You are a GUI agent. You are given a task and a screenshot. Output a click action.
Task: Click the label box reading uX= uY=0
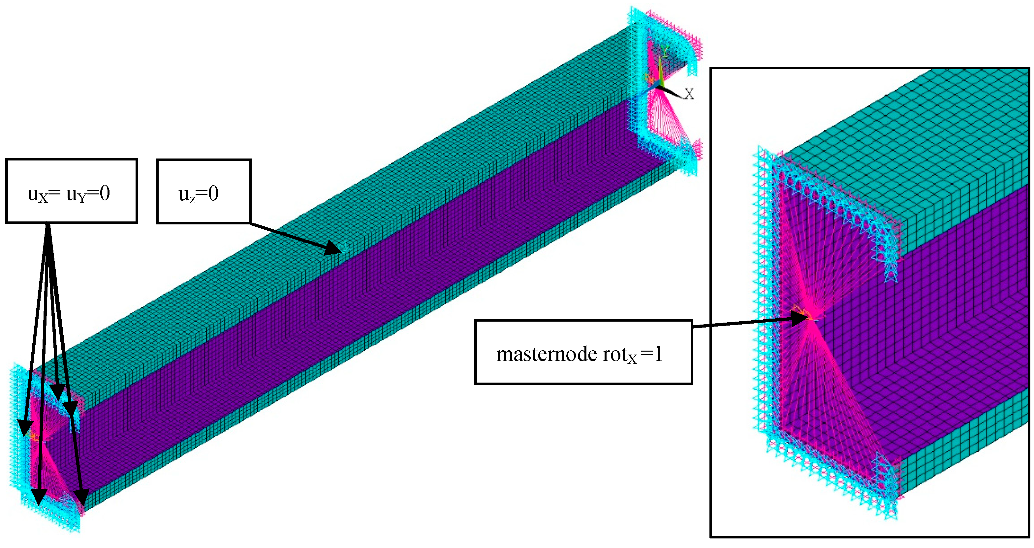(x=72, y=191)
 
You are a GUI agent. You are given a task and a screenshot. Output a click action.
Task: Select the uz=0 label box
(x=204, y=191)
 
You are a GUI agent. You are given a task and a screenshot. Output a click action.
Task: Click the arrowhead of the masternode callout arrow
(x=800, y=319)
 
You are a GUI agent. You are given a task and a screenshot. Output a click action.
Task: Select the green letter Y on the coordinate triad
(x=664, y=51)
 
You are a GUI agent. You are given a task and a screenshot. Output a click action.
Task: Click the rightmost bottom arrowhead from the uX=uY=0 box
(x=82, y=498)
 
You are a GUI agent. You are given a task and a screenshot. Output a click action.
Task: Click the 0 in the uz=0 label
(x=213, y=194)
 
